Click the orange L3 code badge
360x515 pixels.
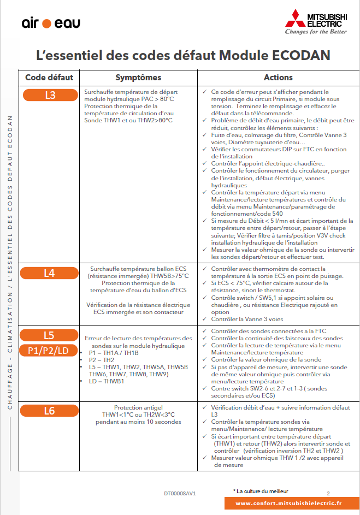(x=50, y=95)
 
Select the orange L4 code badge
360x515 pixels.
(x=50, y=273)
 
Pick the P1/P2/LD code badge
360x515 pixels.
(x=49, y=351)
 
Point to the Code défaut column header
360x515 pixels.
(x=49, y=78)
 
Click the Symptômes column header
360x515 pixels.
(x=138, y=78)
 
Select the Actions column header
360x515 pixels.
(x=278, y=78)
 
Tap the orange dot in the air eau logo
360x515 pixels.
(x=46, y=23)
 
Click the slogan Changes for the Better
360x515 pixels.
(x=316, y=32)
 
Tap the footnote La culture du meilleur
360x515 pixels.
(x=261, y=492)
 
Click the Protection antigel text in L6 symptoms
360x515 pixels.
(x=138, y=407)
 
